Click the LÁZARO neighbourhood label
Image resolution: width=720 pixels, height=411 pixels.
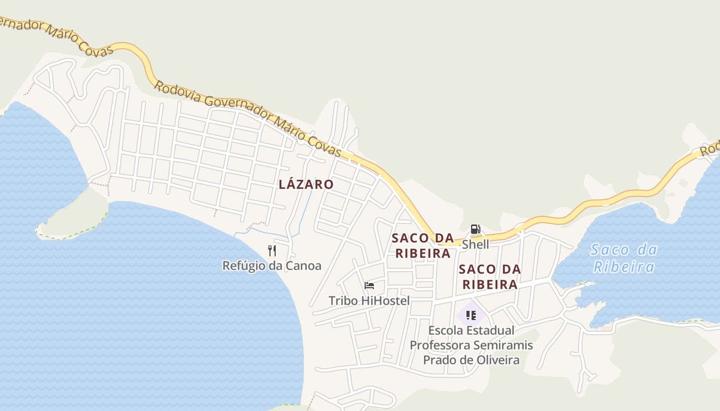tap(306, 184)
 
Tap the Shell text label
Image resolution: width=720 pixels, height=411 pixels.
tap(475, 244)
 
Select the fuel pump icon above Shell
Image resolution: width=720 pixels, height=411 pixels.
tap(475, 229)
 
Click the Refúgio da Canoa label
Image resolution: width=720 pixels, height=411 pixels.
tap(272, 266)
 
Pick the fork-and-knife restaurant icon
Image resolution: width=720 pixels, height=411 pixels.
tap(272, 251)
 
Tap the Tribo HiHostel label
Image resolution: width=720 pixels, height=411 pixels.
tap(369, 301)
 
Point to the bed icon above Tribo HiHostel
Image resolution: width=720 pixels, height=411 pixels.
tap(369, 286)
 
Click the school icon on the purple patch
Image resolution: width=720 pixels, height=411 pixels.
tap(471, 315)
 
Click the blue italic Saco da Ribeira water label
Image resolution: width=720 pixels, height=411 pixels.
tap(624, 258)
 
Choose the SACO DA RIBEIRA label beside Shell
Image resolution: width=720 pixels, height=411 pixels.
tap(423, 246)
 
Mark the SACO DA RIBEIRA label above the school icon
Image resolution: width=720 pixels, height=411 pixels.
tap(490, 276)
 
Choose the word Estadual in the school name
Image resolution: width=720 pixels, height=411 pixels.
tap(492, 330)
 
